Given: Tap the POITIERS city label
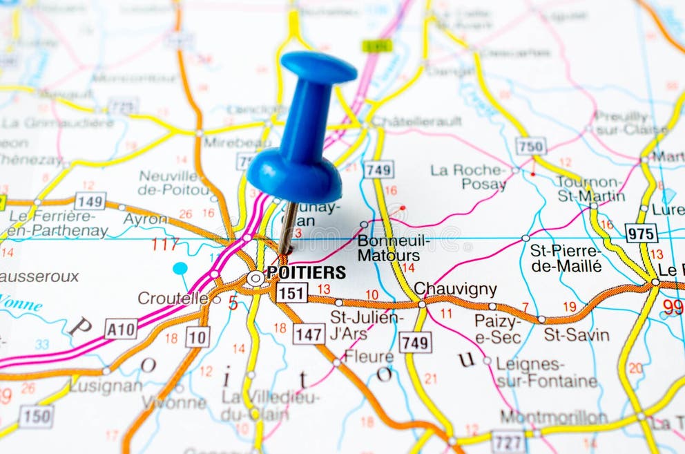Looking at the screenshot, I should click(x=306, y=272).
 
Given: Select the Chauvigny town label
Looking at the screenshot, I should click(x=455, y=289).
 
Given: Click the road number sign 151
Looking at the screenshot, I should click(x=291, y=292).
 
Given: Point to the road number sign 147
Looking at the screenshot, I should click(x=308, y=334).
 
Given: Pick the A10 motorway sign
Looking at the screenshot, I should click(x=121, y=329).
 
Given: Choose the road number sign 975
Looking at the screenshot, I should click(x=641, y=233).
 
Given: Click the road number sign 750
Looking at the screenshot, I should click(x=530, y=146).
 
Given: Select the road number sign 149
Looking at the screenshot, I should click(x=90, y=201).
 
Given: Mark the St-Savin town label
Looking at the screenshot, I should click(x=577, y=335).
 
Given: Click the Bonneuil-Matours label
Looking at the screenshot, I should click(x=393, y=248).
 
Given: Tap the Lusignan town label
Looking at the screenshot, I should click(x=106, y=385).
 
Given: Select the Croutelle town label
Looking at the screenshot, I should click(x=173, y=298).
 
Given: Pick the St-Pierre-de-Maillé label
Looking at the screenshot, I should click(x=566, y=257).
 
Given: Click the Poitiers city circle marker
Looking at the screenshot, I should click(x=255, y=278).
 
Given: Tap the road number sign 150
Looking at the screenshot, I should click(x=36, y=415).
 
